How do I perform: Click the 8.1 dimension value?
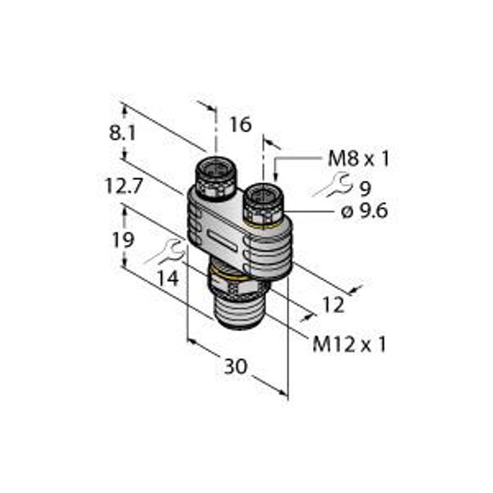coord(122,133)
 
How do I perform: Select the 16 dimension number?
coord(241,125)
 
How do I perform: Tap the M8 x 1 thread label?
coord(358,159)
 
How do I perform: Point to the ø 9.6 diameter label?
coord(364,212)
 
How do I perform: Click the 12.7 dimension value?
coord(124,187)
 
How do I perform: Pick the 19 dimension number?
coord(123,240)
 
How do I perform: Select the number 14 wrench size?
coord(168,278)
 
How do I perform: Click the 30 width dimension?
coord(236,366)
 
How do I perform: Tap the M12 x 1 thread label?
coord(349,344)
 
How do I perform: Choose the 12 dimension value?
coord(334,306)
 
